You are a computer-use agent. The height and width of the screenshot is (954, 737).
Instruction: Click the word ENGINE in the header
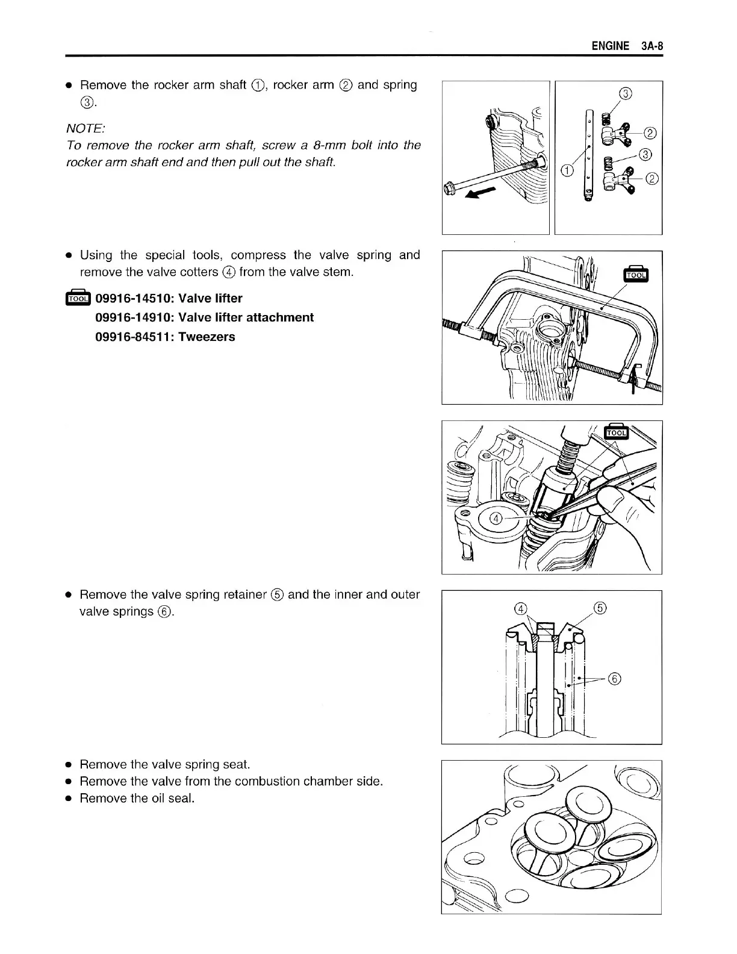pyautogui.click(x=610, y=46)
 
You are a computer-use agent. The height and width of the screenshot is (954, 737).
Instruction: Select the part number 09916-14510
pyautogui.click(x=131, y=298)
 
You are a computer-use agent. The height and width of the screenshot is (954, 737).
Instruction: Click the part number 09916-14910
pyautogui.click(x=131, y=317)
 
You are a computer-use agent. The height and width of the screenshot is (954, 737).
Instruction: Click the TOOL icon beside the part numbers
pyautogui.click(x=78, y=298)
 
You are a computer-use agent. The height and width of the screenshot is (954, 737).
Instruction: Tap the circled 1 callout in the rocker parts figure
pyautogui.click(x=566, y=170)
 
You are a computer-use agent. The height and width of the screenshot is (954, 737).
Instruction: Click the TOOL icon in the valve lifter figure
pyautogui.click(x=636, y=274)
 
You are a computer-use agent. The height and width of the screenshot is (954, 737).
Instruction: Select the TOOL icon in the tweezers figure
pyautogui.click(x=615, y=431)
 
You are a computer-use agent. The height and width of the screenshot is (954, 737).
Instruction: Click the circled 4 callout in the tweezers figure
pyautogui.click(x=496, y=519)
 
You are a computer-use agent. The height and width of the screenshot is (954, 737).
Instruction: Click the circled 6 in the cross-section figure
pyautogui.click(x=614, y=679)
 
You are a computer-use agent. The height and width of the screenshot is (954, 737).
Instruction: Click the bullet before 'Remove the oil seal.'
pyautogui.click(x=69, y=799)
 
